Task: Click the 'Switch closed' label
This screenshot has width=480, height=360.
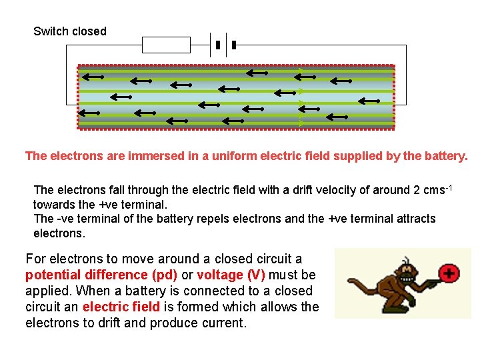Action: click(x=69, y=31)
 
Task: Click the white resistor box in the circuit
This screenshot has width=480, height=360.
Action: click(x=166, y=45)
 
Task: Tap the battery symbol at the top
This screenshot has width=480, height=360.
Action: click(x=225, y=45)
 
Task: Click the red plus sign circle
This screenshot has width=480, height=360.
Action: click(x=450, y=273)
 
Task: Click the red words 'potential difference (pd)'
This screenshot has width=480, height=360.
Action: click(x=101, y=275)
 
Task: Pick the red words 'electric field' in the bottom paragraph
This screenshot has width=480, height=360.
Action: click(x=121, y=307)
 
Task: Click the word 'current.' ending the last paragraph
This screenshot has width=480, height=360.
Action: click(x=223, y=323)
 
